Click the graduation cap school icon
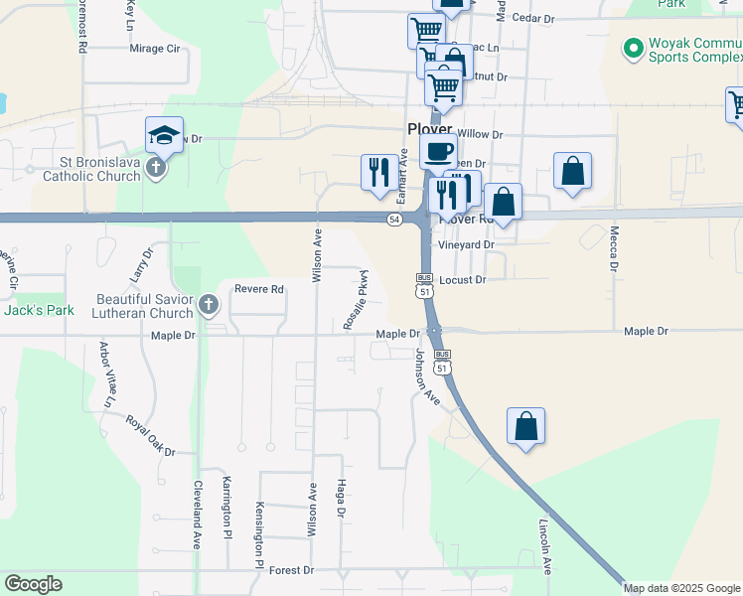pos(164,135)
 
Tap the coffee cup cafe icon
pos(438,152)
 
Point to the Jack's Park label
pos(39,310)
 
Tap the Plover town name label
pos(429,129)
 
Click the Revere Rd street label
pos(259,289)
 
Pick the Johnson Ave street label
pos(427,376)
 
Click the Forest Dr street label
pos(291,570)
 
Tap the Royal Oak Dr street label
pos(150,436)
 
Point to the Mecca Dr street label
pos(614,247)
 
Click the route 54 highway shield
pos(395,219)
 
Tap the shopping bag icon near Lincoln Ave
pos(525,427)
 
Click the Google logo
pos(33,584)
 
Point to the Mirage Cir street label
pos(153,48)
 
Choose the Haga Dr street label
pos(340,501)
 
